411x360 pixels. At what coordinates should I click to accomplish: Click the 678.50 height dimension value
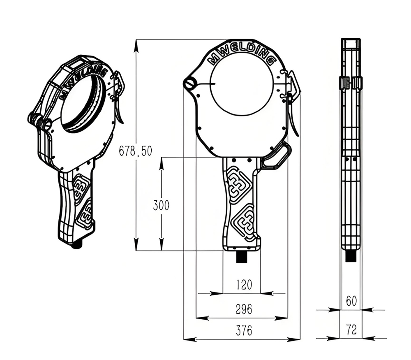click(135, 151)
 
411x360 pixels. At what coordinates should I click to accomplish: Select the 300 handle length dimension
click(161, 205)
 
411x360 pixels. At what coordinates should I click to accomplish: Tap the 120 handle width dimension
click(244, 285)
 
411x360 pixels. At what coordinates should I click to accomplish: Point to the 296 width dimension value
click(244, 309)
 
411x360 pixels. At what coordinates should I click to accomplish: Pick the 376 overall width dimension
click(244, 330)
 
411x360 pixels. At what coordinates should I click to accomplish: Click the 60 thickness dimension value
click(351, 302)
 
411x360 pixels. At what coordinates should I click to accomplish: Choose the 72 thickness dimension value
click(351, 329)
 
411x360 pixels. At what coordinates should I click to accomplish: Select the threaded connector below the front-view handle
click(242, 258)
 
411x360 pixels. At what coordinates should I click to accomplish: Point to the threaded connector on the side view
click(351, 256)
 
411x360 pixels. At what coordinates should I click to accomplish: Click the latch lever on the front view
click(293, 103)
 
